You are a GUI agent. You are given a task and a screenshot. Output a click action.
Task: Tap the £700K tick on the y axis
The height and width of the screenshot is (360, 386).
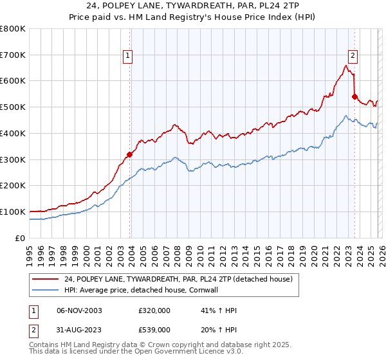click(13, 55)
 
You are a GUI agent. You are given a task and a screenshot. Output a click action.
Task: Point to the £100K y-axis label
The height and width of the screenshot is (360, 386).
click(13, 212)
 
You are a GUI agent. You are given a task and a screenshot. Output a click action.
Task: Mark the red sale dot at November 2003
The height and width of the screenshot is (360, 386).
click(130, 154)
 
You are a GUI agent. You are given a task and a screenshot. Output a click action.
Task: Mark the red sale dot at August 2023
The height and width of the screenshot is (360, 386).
click(354, 97)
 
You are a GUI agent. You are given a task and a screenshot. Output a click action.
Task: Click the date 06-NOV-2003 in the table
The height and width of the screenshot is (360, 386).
click(79, 310)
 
